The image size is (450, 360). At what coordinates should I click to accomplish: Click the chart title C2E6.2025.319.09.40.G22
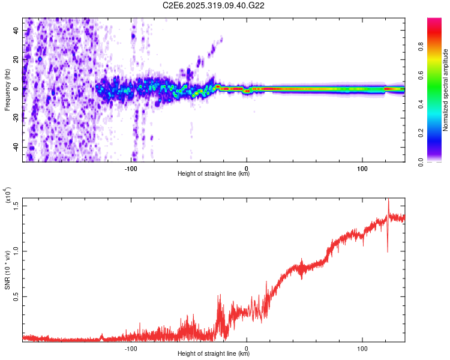click(x=214, y=5)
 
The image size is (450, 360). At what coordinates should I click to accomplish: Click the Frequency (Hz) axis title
click(x=7, y=89)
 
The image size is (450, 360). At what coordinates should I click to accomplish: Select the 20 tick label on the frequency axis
click(x=17, y=59)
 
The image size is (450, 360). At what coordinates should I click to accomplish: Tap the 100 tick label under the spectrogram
click(x=362, y=168)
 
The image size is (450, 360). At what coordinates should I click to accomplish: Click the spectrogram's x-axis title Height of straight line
click(x=214, y=175)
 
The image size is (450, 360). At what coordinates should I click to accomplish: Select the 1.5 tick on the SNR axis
click(x=16, y=206)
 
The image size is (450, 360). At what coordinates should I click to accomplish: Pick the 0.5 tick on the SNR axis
click(x=16, y=296)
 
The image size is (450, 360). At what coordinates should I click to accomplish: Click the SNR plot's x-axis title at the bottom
click(x=214, y=354)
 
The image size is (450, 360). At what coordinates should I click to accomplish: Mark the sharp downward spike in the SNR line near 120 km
click(x=387, y=249)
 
